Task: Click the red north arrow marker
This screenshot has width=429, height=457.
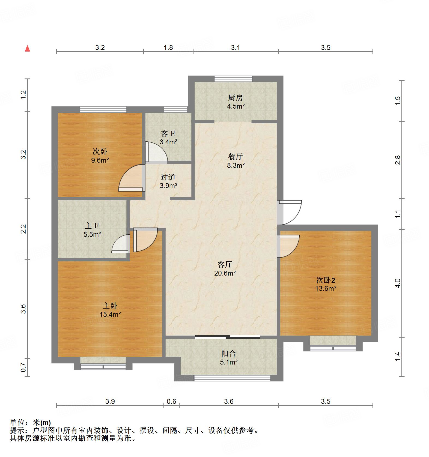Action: coord(27,49)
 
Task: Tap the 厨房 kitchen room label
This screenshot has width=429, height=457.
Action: coord(235,98)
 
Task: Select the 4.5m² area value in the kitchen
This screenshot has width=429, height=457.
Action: coord(236,106)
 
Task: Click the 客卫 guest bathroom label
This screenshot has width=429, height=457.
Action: coord(168,133)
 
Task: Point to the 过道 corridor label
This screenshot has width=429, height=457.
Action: coord(168,177)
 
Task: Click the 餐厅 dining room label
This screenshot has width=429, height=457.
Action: coord(235,157)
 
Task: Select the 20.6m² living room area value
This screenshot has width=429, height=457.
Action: coord(225,273)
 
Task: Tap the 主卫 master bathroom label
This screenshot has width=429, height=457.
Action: coord(92,226)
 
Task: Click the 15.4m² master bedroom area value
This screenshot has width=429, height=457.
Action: coord(110,314)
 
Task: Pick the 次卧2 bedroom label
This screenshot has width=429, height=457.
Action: coord(325,280)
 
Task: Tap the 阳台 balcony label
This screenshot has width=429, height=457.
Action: coord(228,354)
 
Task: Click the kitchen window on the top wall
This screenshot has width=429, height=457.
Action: coord(233,79)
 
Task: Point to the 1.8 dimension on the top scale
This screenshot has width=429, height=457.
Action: coord(168,48)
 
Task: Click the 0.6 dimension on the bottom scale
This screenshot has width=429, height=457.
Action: coord(171,401)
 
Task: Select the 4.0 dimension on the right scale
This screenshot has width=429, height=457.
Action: coord(398,283)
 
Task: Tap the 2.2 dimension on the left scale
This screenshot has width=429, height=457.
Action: coord(24,229)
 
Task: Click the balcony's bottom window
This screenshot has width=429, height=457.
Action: coord(232,378)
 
